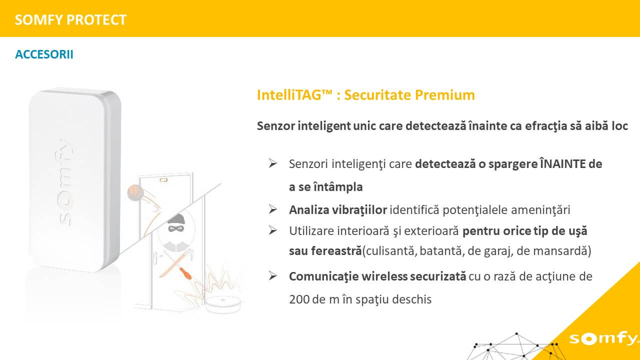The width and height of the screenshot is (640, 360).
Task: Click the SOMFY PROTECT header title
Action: pyautogui.click(x=70, y=20)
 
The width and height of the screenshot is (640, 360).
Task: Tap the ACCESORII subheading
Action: pyautogui.click(x=44, y=54)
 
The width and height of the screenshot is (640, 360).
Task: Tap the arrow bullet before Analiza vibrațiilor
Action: pyautogui.click(x=273, y=209)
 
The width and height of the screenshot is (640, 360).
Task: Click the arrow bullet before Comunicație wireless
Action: pyautogui.click(x=273, y=276)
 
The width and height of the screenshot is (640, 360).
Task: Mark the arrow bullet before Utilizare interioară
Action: pyautogui.click(x=273, y=230)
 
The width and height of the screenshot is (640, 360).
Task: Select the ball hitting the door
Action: pyautogui.click(x=135, y=192)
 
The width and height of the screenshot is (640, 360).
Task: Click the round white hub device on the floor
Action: pyautogui.click(x=223, y=304)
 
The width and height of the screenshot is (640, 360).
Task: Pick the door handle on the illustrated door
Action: pyautogui.click(x=156, y=258)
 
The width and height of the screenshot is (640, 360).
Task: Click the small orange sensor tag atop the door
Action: pyautogui.click(x=163, y=179)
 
